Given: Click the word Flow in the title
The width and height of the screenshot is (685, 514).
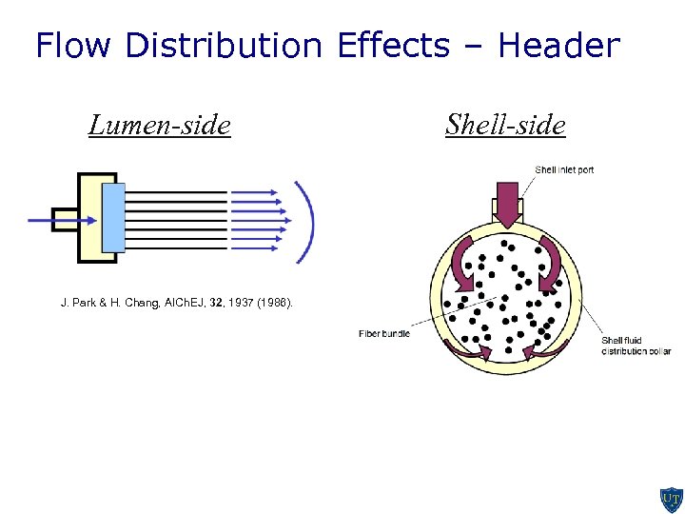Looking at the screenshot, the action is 74,45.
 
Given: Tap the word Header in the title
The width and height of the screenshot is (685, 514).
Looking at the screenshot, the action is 558,45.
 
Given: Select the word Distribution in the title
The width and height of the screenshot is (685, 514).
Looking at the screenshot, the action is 225,45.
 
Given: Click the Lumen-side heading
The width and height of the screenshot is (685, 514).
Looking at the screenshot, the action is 159,125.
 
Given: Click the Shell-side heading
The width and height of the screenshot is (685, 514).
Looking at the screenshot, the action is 505,125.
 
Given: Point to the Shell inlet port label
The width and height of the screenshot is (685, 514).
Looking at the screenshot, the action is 564,169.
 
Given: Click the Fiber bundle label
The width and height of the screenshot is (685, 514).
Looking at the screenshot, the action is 384,333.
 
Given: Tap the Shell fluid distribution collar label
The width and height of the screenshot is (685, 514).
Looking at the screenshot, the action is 636,346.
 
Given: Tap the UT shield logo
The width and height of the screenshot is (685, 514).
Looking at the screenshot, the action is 671,499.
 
